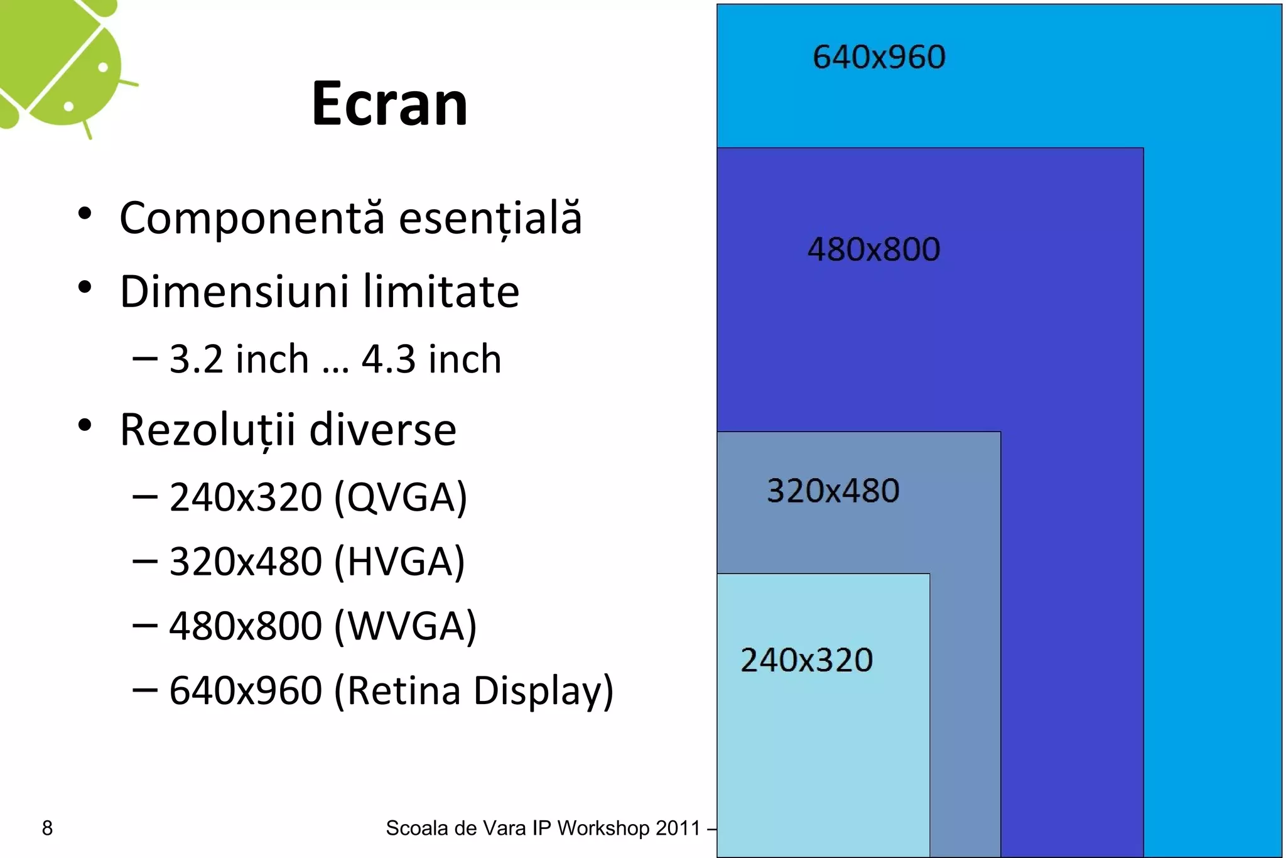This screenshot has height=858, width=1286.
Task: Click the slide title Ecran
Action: coord(389,104)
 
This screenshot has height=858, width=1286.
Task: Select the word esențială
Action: coord(490,218)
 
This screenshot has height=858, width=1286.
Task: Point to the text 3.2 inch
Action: coord(239,359)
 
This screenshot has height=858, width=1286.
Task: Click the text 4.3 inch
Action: coord(431,359)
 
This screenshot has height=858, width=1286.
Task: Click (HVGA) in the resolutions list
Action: coord(399,562)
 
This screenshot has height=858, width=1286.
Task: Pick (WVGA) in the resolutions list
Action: coord(406,626)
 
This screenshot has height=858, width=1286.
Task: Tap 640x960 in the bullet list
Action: coord(246,691)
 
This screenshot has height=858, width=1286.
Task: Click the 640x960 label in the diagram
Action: coord(878,57)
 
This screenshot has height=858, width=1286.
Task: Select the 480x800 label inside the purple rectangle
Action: coord(873,249)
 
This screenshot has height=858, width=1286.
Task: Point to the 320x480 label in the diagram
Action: coord(833,491)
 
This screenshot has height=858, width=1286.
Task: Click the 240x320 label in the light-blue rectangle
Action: coord(806,660)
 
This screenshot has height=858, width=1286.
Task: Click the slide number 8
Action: coord(47,828)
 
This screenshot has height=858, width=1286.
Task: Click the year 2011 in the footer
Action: coord(678,828)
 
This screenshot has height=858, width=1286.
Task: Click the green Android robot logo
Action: coord(63,63)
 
